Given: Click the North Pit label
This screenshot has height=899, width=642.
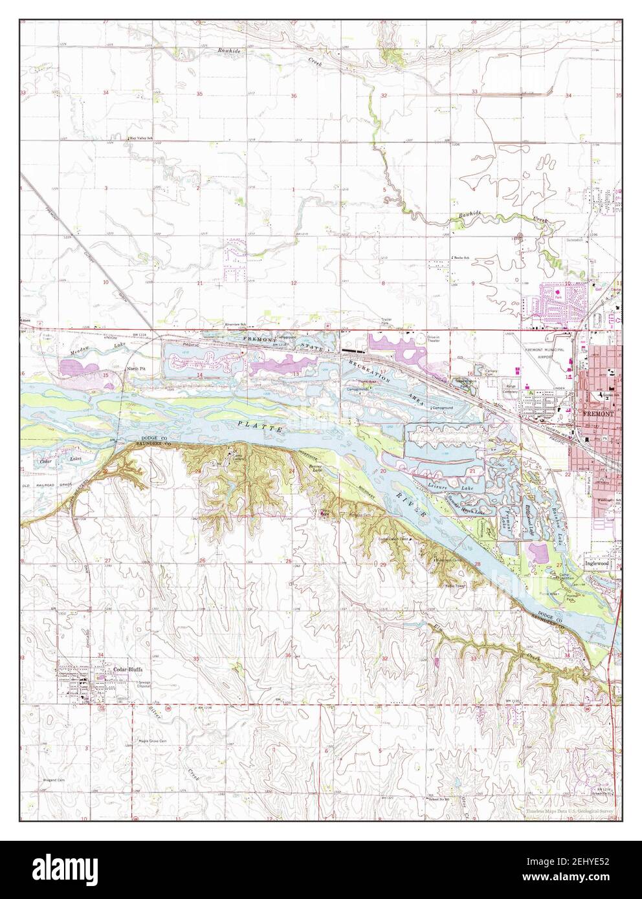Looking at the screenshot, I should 131,367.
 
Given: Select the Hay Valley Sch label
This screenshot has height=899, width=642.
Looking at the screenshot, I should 141,138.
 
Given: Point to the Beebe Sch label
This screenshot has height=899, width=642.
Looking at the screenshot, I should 460,257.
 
